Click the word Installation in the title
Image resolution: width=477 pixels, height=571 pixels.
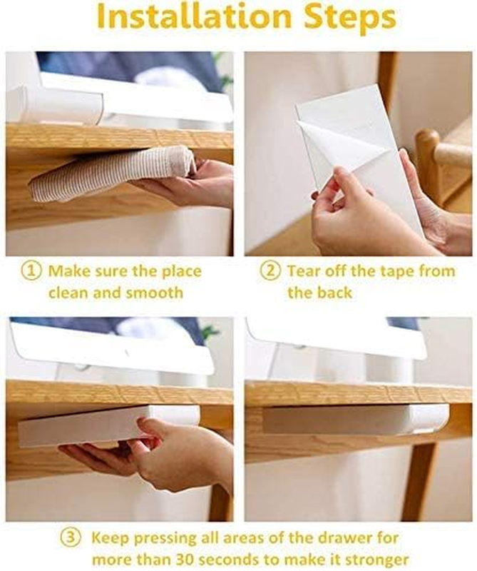click(x=194, y=16)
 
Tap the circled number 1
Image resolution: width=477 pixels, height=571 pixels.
click(x=31, y=271)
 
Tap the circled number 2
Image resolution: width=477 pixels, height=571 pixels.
click(x=270, y=271)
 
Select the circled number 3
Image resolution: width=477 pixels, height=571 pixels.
click(x=70, y=538)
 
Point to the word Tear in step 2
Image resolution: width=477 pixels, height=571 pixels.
click(x=304, y=271)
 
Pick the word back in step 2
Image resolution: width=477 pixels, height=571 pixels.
click(x=334, y=293)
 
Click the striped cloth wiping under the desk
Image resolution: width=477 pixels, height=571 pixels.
click(x=112, y=173)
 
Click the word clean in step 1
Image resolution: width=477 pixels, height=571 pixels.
click(x=68, y=293)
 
